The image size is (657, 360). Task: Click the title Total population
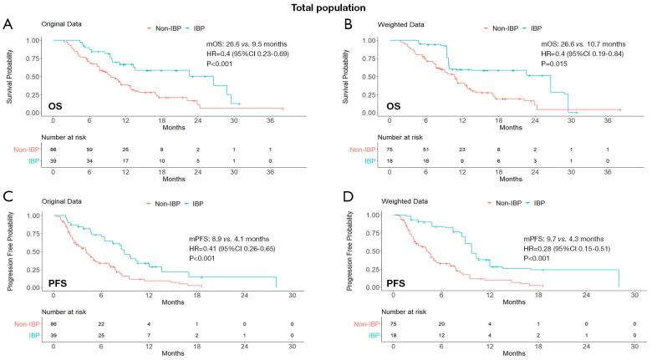329,8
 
